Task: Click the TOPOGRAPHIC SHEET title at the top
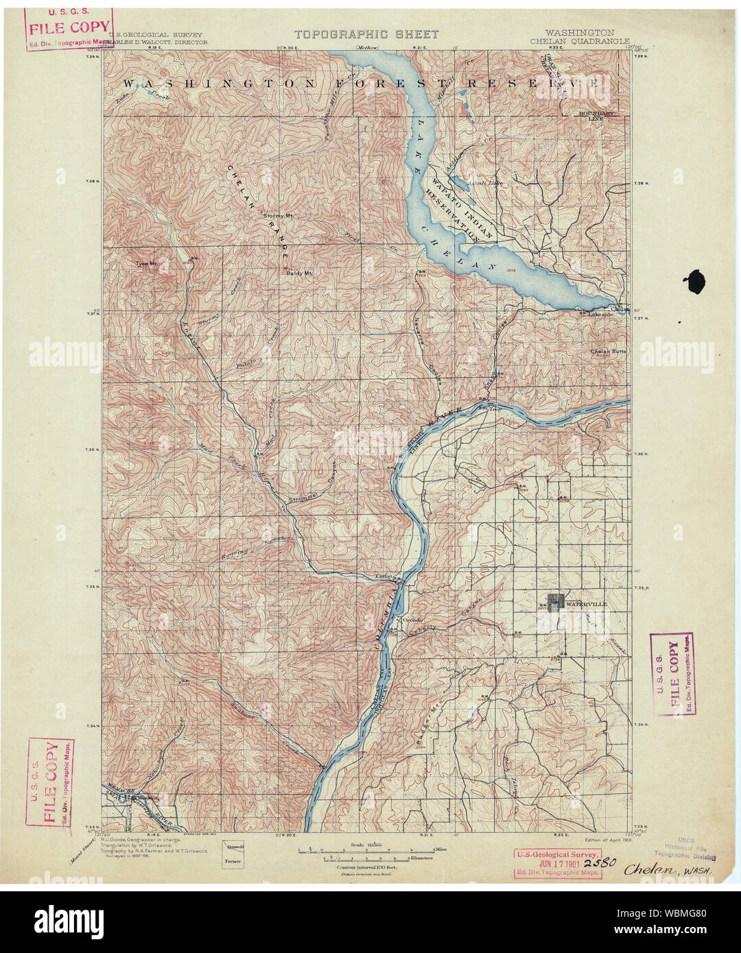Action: coord(366,34)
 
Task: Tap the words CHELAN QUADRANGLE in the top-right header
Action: coord(579,41)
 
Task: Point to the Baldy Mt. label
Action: coord(299,273)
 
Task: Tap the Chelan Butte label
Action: coord(608,352)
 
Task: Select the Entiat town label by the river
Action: coord(383,577)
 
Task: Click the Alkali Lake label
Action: coord(484,183)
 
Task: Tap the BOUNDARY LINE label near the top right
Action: coord(595,115)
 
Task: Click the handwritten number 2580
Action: coord(603,863)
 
